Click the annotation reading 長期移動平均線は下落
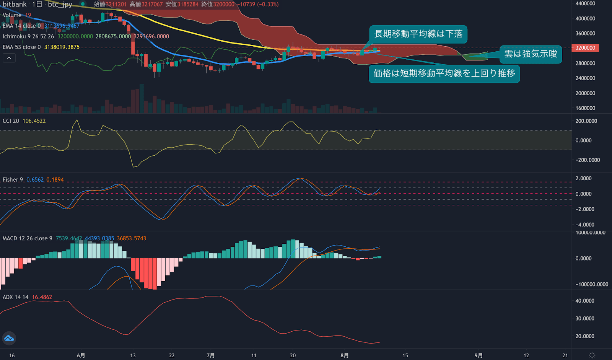click(418, 34)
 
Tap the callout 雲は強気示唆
click(531, 54)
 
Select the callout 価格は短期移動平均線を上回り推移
click(444, 73)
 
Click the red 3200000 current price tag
click(585, 48)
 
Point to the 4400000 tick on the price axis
click(585, 3)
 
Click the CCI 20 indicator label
click(11, 121)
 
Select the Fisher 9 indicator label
click(13, 180)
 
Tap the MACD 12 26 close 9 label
click(27, 238)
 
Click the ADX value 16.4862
click(42, 297)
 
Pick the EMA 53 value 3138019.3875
click(62, 47)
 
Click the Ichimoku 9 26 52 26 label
click(28, 36)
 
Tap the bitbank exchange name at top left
click(15, 4)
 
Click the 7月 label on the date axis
click(210, 355)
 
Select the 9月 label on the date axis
click(478, 355)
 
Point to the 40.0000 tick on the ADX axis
click(585, 301)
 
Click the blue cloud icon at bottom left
click(9, 338)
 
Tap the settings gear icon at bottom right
click(592, 355)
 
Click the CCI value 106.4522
click(34, 121)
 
